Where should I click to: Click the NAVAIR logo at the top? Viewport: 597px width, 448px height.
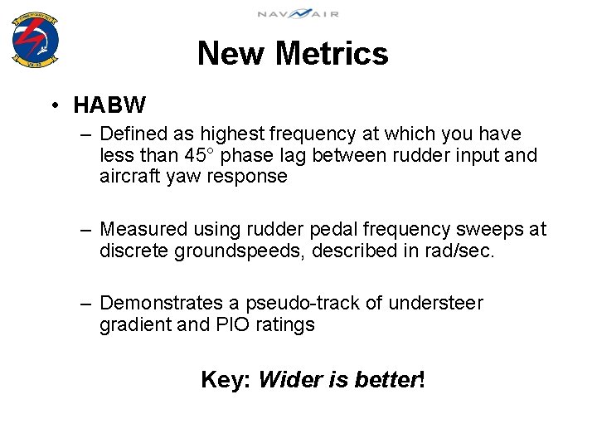point(298,13)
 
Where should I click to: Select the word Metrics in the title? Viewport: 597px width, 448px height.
point(332,54)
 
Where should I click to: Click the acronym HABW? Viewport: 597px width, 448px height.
point(109,105)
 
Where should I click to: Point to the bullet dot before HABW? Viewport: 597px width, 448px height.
point(52,105)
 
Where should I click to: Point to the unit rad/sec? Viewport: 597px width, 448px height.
point(458,251)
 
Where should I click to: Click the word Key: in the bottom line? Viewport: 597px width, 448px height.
point(226,381)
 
